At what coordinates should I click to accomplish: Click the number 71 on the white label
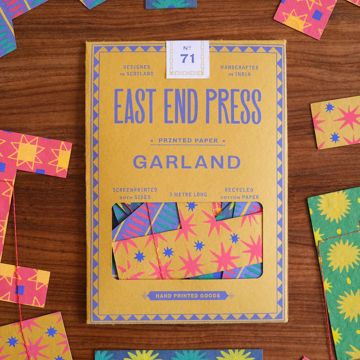click(x=188, y=59)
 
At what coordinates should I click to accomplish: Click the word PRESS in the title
click(x=233, y=106)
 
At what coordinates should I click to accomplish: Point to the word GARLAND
click(x=187, y=162)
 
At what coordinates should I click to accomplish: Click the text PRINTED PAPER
click(x=188, y=140)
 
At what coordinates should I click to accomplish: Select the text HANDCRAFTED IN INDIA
click(x=239, y=70)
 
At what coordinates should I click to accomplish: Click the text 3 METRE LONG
click(x=188, y=194)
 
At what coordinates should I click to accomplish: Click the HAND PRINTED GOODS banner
click(x=188, y=296)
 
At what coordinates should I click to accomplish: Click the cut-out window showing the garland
click(x=187, y=240)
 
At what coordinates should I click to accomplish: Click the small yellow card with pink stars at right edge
click(x=336, y=122)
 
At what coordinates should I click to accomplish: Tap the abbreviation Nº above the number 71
click(x=188, y=48)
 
